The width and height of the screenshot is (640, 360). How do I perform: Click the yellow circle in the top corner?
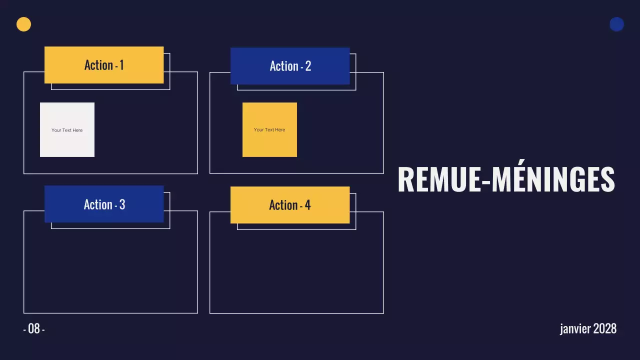point(23,24)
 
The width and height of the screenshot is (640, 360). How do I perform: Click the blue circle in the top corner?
point(616,24)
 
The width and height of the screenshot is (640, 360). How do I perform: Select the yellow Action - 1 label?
point(104,65)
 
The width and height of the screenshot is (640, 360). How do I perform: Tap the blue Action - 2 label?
point(290,66)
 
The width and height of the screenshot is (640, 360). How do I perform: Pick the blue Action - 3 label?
point(104,204)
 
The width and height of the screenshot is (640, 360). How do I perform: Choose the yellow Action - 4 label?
point(290,205)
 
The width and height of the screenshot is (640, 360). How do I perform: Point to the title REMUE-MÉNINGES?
point(506,179)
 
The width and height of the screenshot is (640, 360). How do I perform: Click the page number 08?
point(34,328)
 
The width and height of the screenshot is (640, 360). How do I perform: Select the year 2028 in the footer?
point(605,328)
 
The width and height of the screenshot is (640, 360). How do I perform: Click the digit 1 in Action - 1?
point(121,65)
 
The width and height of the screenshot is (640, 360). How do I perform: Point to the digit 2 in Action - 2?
point(308,66)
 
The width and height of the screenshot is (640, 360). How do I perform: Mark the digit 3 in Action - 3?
point(122,204)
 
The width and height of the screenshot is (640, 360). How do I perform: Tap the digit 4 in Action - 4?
point(307,205)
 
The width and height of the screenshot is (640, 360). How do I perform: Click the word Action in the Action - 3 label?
point(98,204)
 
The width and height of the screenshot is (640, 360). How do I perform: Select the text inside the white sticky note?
point(67,130)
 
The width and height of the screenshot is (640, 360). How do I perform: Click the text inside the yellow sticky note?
point(269,129)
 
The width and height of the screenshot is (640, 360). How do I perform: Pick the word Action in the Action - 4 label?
point(283,205)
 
